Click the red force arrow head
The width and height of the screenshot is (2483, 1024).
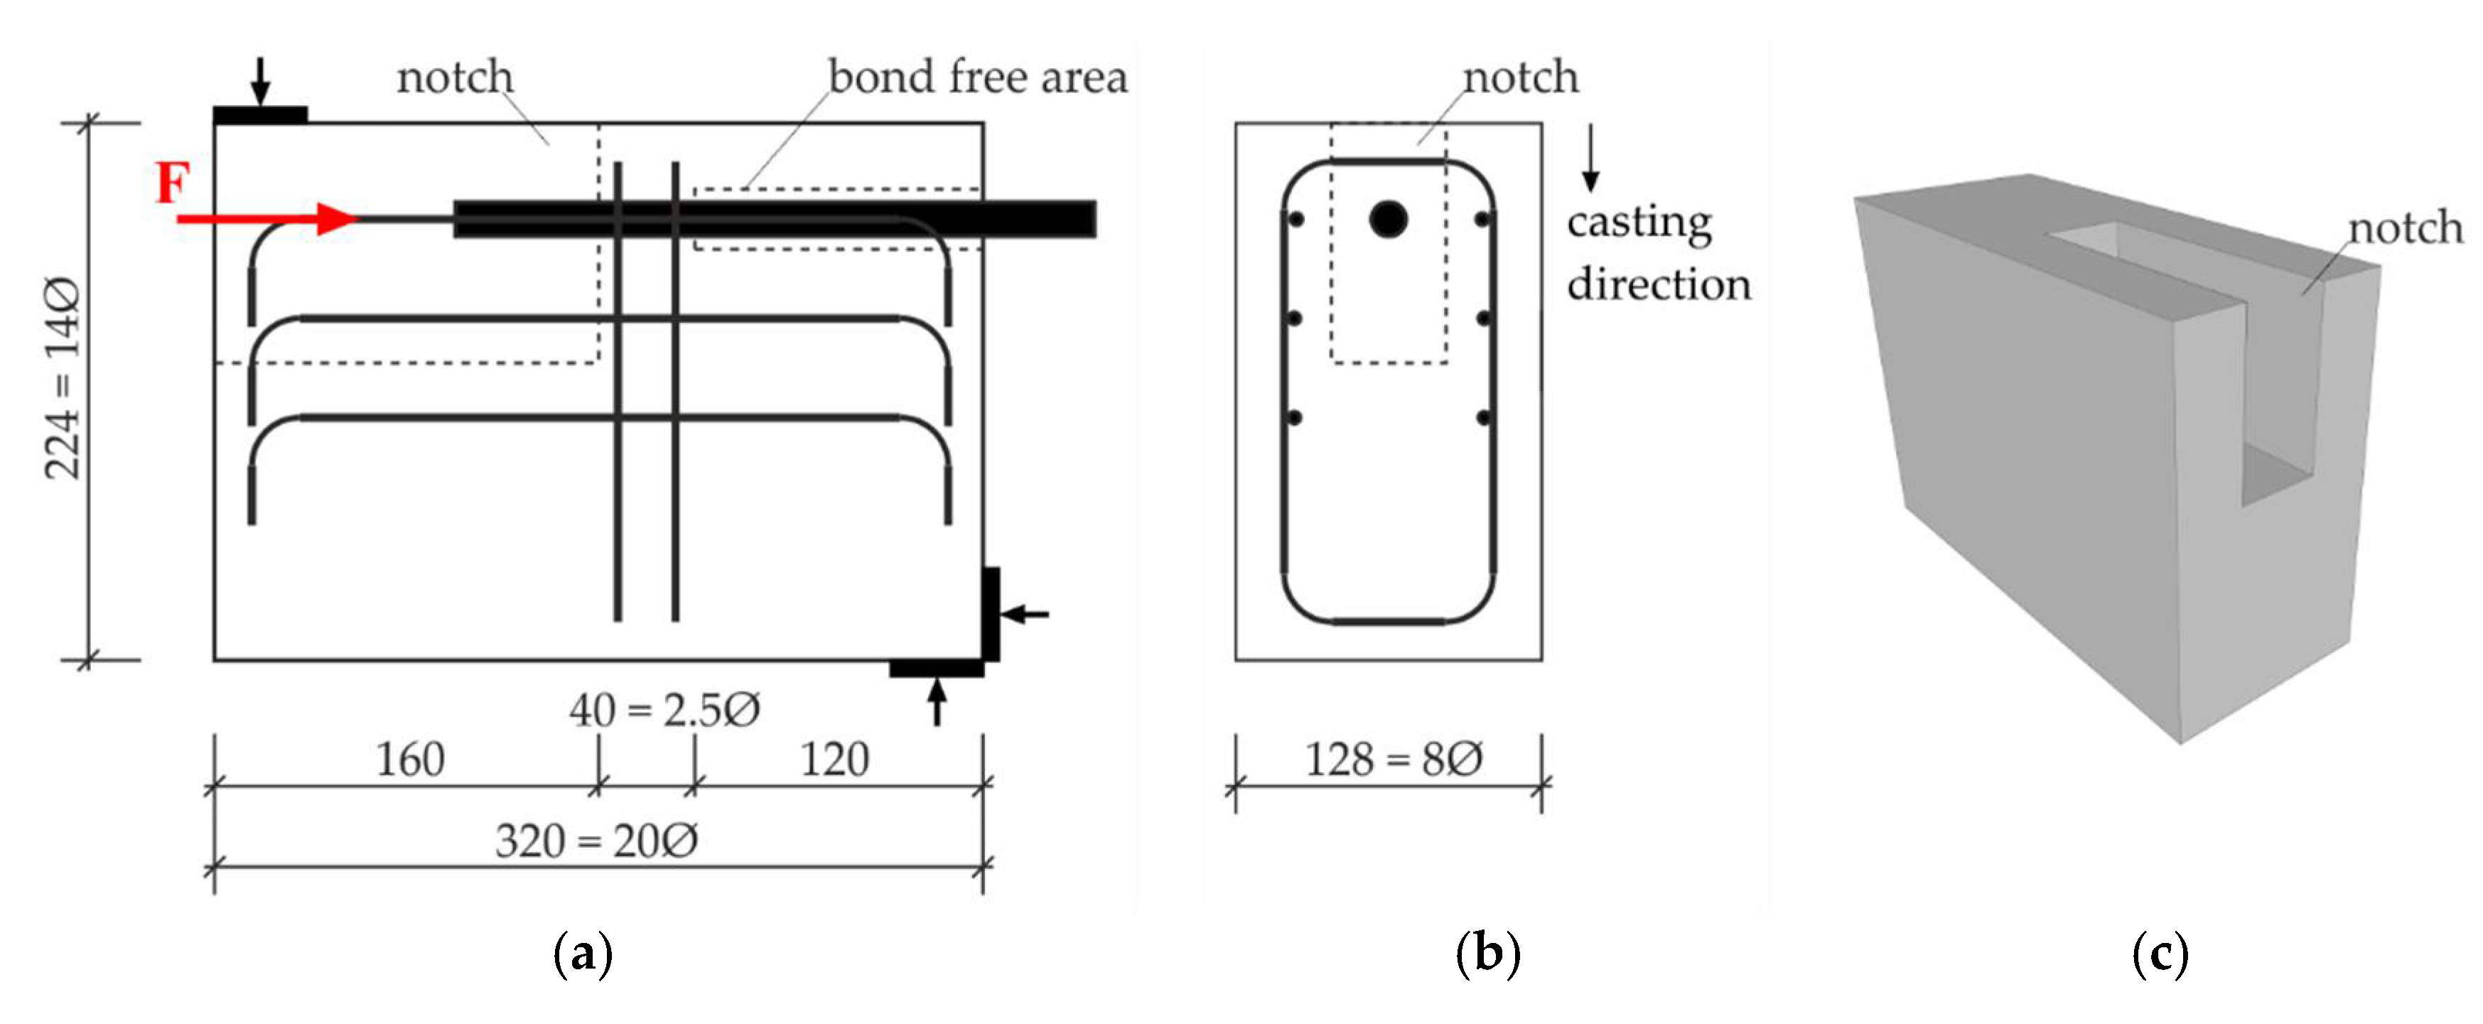(x=338, y=219)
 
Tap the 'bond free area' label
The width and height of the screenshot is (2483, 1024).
(x=976, y=77)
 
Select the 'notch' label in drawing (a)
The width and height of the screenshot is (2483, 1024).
(x=455, y=77)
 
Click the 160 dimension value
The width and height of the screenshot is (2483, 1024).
(x=409, y=760)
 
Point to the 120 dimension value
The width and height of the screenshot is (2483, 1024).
(x=835, y=760)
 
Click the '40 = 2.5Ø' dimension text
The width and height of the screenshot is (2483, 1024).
(x=664, y=711)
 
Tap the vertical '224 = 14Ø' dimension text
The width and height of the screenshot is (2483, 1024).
(x=63, y=378)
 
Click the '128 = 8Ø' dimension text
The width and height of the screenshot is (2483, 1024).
(x=1393, y=760)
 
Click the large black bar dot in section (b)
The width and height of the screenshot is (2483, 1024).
(x=1388, y=219)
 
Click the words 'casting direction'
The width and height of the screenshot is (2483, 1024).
(x=1658, y=253)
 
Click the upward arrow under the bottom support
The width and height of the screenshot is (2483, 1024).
(x=936, y=702)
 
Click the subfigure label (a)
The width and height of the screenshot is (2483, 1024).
(x=583, y=954)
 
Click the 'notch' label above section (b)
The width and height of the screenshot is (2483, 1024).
(x=1520, y=77)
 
